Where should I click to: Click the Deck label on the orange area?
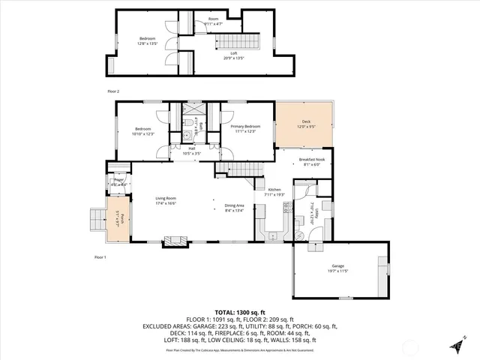click(306, 121)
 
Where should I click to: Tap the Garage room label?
click(337, 266)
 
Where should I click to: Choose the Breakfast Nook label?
click(311, 159)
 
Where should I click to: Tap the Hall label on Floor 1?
click(191, 148)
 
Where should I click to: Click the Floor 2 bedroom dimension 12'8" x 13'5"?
click(148, 43)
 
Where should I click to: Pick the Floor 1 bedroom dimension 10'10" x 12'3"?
click(142, 133)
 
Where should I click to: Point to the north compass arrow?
click(455, 346)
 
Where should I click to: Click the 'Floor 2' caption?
click(113, 91)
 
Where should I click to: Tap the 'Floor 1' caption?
click(100, 256)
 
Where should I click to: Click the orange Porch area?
click(117, 220)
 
